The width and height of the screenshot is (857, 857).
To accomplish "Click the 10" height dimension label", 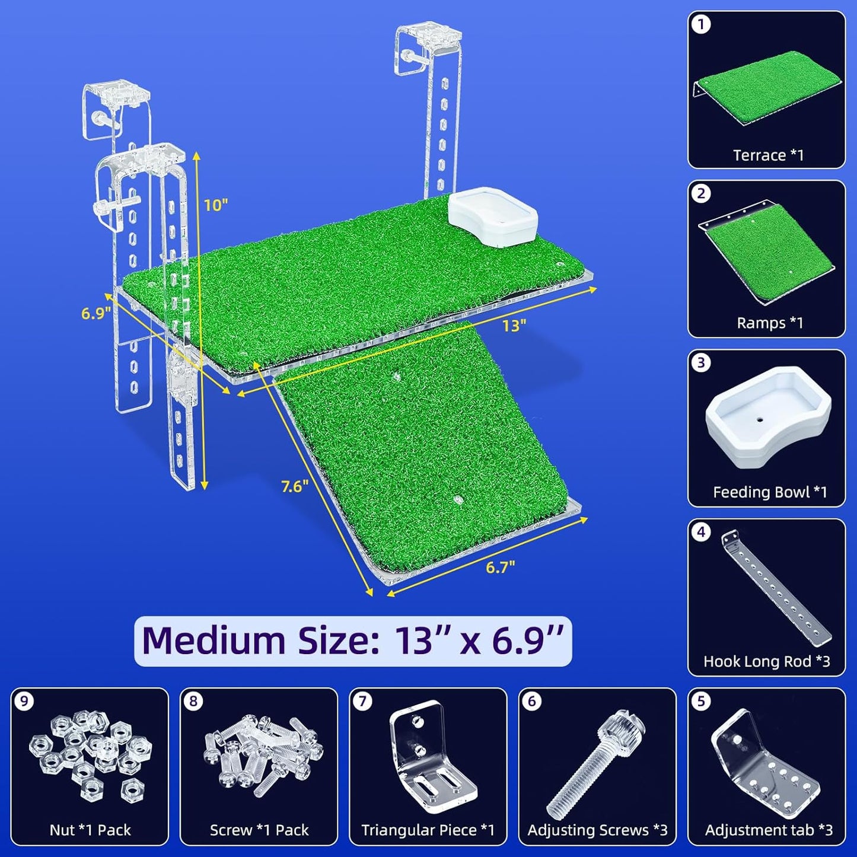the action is tap(216, 205).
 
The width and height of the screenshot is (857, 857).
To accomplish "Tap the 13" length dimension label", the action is tap(514, 326).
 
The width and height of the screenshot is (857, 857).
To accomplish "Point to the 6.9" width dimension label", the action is tap(95, 313).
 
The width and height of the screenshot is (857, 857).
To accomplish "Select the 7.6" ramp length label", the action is tap(295, 486).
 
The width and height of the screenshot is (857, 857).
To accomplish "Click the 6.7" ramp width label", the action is tap(501, 567).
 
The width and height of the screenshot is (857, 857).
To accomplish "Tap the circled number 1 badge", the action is tap(702, 24).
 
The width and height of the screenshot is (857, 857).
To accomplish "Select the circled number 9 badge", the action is tap(24, 702).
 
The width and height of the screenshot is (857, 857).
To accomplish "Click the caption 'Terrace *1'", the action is tap(769, 155).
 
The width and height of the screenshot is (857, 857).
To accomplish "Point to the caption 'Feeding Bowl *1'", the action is tap(770, 492).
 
